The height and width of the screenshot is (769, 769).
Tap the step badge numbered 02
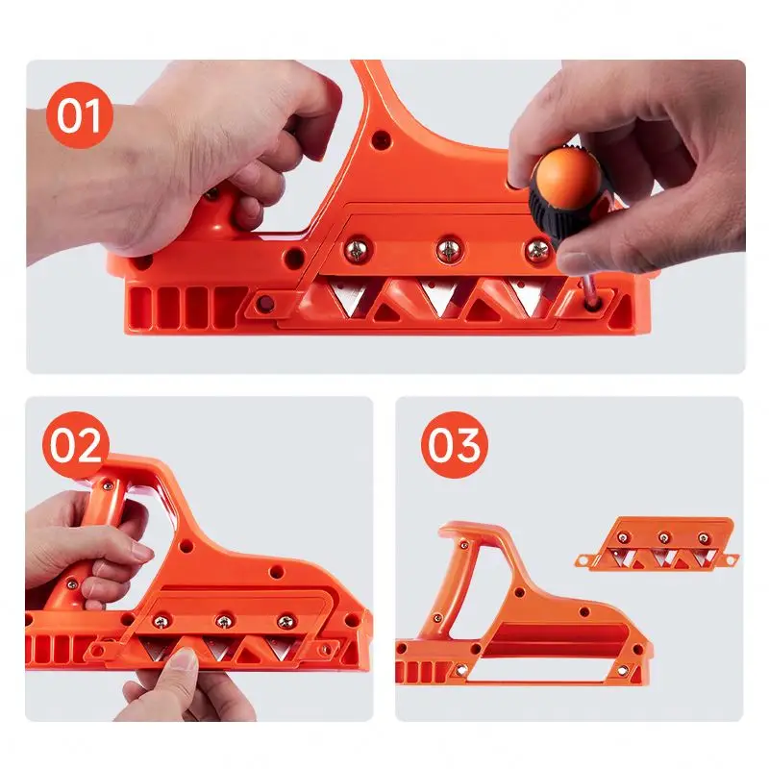tap(76, 446)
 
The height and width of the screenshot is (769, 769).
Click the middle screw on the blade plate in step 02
tap(224, 621)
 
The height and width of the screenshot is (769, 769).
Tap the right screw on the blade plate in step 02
tap(285, 621)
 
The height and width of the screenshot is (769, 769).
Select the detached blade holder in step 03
tap(657, 543)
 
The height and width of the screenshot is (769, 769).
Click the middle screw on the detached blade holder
tap(663, 537)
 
